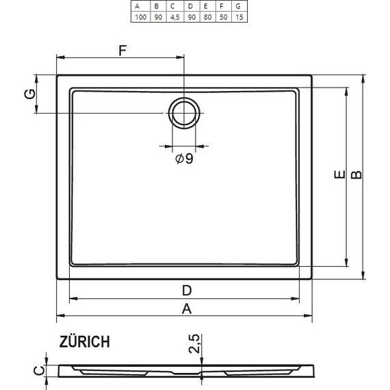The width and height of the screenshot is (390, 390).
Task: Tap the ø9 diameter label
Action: tap(184, 159)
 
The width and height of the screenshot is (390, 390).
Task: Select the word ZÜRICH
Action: tap(83, 342)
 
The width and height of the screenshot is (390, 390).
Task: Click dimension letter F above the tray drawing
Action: tap(122, 49)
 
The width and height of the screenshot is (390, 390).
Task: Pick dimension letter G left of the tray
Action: tap(29, 94)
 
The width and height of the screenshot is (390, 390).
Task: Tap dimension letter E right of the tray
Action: tap(339, 177)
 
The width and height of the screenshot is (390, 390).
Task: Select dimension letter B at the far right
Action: tap(356, 177)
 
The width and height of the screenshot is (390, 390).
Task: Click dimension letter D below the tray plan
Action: tap(185, 289)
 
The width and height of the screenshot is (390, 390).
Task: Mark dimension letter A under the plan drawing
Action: tap(185, 309)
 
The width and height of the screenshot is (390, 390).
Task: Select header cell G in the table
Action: tap(239, 5)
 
